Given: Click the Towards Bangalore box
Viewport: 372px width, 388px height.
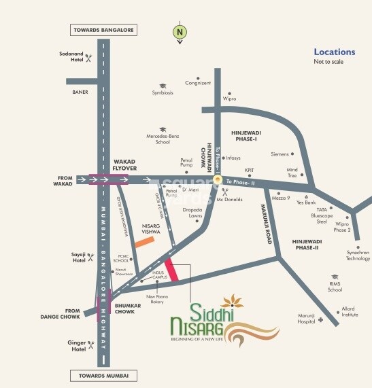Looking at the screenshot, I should pos(103,30).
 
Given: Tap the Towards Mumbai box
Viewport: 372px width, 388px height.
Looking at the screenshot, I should pos(103,375).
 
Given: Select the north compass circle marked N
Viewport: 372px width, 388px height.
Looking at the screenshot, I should pos(180,31).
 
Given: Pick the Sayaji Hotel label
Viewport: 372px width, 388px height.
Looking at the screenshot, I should pos(78,258).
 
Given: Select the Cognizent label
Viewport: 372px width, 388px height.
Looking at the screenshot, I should pos(198,84).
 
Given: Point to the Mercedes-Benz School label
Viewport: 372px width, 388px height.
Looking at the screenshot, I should pos(163,139).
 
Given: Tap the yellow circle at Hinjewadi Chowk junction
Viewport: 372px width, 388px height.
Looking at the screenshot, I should pos(218,179).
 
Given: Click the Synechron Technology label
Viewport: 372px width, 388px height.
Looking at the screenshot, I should pos(358,255).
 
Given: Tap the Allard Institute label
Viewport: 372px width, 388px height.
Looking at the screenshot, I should pos(349,311).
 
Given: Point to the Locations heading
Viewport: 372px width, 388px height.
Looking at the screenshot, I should pos(334,52).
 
